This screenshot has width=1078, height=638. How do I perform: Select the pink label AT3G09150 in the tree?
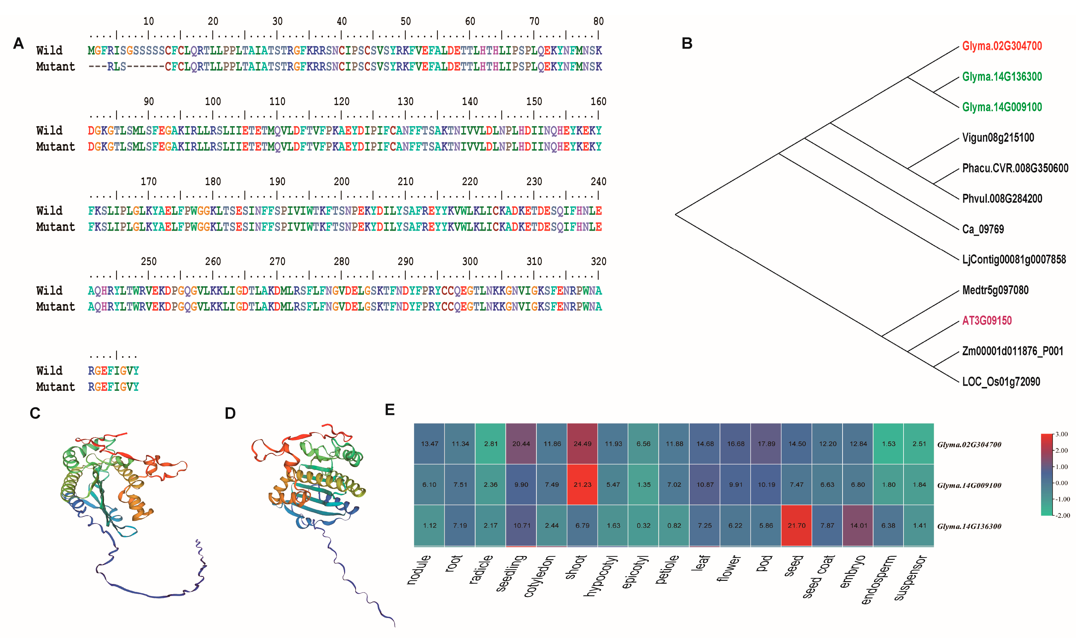pyautogui.click(x=986, y=321)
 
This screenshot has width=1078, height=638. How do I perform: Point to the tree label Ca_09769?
pyautogui.click(x=983, y=229)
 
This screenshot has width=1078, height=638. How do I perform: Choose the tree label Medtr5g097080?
pyautogui.click(x=995, y=290)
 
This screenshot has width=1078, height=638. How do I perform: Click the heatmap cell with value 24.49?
pyautogui.click(x=582, y=444)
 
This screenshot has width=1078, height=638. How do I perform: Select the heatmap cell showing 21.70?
pyautogui.click(x=796, y=525)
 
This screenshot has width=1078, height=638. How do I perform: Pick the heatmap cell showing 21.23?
pyautogui.click(x=582, y=485)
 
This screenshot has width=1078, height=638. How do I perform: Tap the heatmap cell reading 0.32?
pyautogui.click(x=643, y=525)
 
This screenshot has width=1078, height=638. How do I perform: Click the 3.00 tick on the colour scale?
pyautogui.click(x=1062, y=434)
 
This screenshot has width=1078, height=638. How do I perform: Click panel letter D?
pyautogui.click(x=230, y=414)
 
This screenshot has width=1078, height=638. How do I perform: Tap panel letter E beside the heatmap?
pyautogui.click(x=390, y=410)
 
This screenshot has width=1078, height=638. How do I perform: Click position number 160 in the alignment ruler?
pyautogui.click(x=598, y=101)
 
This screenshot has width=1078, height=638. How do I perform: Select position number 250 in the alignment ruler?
pyautogui.click(x=148, y=261)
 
